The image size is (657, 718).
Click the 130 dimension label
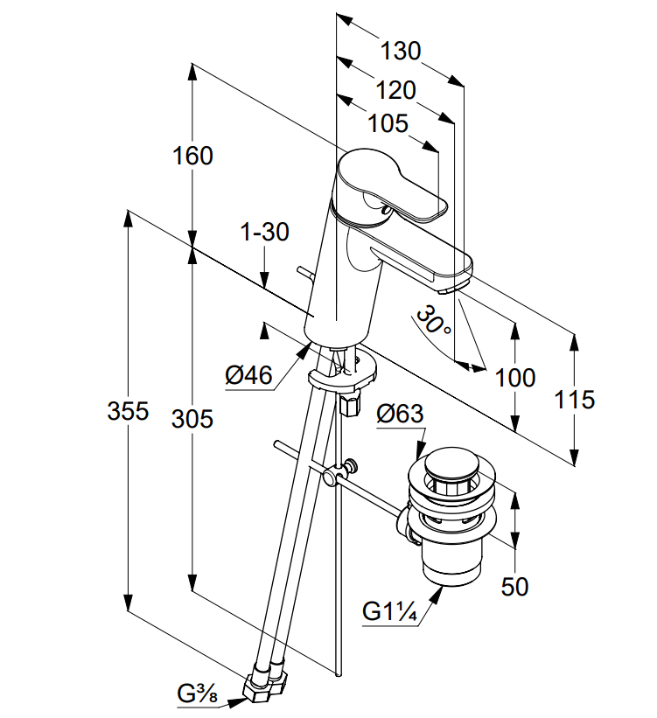[x=401, y=50]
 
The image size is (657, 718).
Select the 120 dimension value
[x=395, y=90]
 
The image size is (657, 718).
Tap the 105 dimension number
[x=388, y=123]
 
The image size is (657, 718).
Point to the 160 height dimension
[x=192, y=156]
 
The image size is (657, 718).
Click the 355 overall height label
[x=128, y=411]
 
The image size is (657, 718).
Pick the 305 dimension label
[x=192, y=419]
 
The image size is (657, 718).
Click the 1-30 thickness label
[x=265, y=232]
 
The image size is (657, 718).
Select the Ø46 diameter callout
[x=248, y=375]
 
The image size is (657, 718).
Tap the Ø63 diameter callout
[x=400, y=415]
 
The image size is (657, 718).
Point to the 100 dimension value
[x=515, y=378]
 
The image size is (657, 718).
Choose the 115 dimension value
[x=574, y=400]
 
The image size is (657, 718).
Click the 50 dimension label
[x=514, y=587]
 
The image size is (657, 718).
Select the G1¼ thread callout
[x=389, y=610]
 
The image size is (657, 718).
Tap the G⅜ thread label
[x=198, y=694]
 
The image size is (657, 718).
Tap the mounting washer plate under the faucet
[x=343, y=372]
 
